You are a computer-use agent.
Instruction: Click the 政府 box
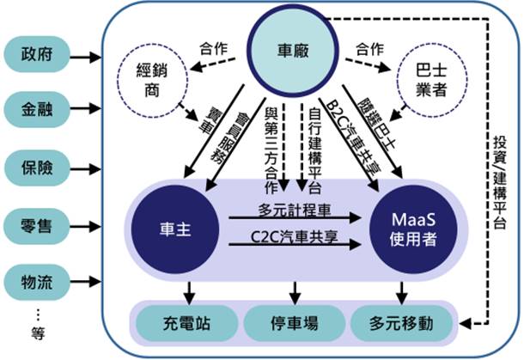click(x=37, y=54)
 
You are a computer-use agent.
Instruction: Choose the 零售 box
click(x=37, y=225)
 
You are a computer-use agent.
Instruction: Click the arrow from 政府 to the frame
click(x=85, y=57)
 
